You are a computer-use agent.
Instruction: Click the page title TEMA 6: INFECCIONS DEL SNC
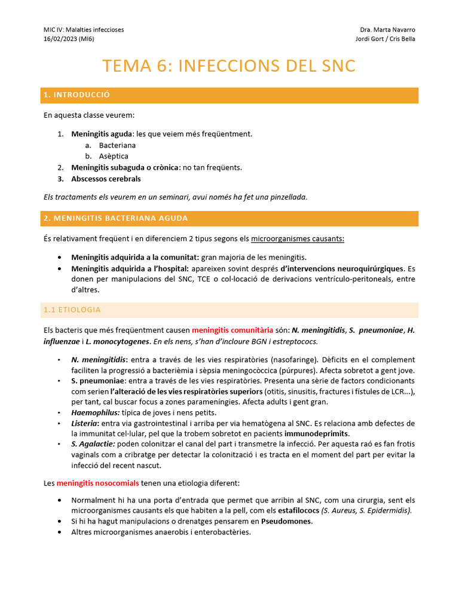[x=229, y=66]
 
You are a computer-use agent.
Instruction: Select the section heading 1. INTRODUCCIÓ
[x=76, y=96]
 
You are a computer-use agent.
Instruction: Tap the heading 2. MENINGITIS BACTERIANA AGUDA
[x=115, y=218]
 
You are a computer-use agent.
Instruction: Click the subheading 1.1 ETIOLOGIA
[x=72, y=310]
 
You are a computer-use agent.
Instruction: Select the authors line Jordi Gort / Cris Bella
[x=385, y=39]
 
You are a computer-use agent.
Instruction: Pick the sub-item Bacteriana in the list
[x=117, y=145]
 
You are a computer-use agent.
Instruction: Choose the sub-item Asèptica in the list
[x=114, y=156]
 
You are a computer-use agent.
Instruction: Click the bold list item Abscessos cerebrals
[x=106, y=179]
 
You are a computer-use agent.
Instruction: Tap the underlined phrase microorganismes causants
[x=297, y=238]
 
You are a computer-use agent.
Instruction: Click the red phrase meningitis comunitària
[x=232, y=330]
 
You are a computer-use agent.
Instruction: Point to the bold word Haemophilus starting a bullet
[x=95, y=413]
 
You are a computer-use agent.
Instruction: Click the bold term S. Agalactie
[x=93, y=444]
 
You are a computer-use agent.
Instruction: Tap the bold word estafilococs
[x=298, y=510]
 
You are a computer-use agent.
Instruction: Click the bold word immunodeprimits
[x=317, y=433]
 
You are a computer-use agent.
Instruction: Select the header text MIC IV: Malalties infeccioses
[x=84, y=30]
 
